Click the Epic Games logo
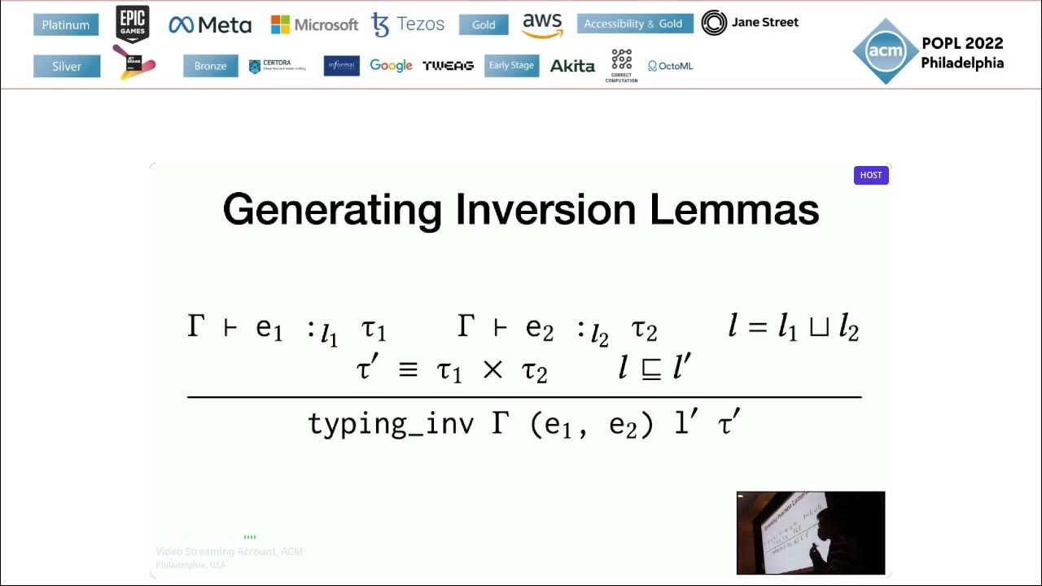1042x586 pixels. (133, 24)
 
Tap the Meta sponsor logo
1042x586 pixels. (210, 25)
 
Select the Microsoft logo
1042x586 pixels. (314, 24)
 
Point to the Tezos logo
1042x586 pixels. (408, 24)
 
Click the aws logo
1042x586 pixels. (542, 24)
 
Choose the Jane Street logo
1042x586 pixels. (750, 23)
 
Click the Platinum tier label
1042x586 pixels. (66, 25)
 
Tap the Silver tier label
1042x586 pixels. (67, 66)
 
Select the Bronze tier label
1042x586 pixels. (210, 66)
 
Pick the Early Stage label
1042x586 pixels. (511, 65)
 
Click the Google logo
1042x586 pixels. (391, 65)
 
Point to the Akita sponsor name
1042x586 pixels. (572, 66)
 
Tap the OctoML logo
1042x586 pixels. (671, 66)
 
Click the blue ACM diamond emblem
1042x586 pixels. (885, 51)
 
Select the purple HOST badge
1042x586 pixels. (871, 175)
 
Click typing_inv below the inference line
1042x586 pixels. (391, 424)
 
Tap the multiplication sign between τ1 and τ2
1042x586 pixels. (493, 370)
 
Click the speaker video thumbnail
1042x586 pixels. (810, 532)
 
